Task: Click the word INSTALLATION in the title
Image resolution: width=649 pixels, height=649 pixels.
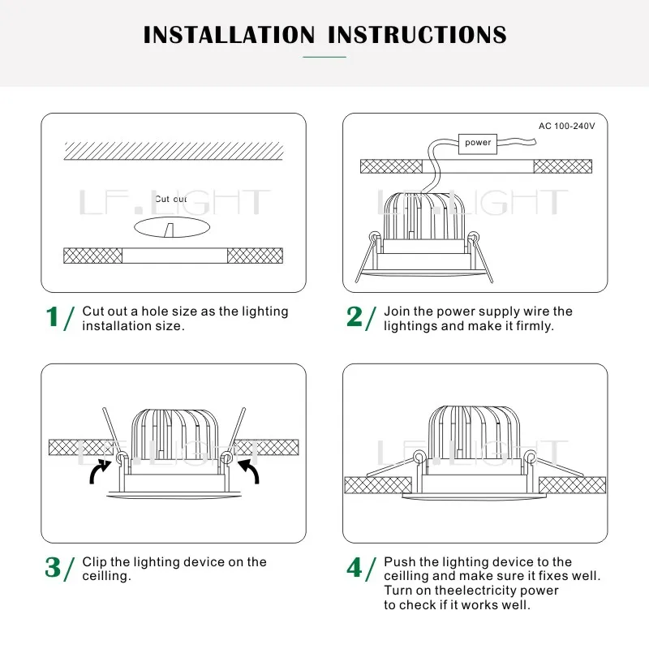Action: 229,35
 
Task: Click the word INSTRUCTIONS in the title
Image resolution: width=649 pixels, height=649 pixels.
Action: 417,35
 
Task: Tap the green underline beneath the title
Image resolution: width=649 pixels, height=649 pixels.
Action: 324,57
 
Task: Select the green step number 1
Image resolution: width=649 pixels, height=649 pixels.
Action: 52,318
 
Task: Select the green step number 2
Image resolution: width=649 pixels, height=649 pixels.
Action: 355,317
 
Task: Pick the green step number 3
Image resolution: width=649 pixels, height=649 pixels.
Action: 53,568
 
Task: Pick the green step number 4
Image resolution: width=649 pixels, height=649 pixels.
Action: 355,568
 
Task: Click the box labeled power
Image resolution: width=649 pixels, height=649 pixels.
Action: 478,143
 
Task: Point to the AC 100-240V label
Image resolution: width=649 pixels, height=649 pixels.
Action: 566,126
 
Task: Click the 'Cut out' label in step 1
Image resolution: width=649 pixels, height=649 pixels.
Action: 170,199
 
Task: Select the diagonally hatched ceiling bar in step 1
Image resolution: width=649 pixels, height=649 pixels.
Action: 174,151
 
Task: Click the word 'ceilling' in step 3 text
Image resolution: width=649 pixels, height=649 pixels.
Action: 106,576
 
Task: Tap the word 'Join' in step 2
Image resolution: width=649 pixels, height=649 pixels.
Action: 397,312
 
